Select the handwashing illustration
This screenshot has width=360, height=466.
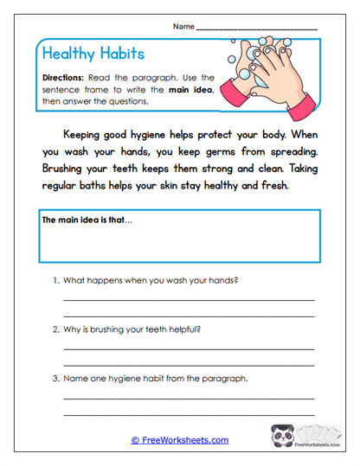click(267, 78)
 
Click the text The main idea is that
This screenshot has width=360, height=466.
click(88, 220)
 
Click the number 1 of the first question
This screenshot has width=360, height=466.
click(56, 281)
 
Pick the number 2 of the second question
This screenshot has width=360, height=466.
click(56, 329)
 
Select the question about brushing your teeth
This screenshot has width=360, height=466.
click(132, 329)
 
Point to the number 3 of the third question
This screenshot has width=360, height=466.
click(56, 378)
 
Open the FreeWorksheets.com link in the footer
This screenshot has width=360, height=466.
click(180, 440)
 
